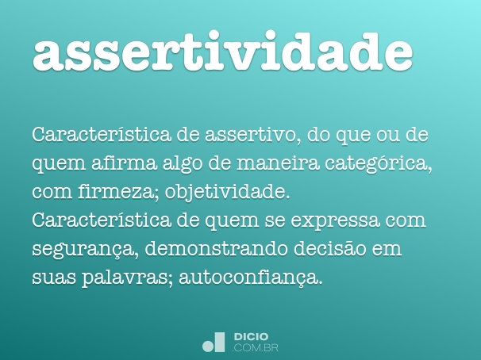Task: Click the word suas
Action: coord(52,278)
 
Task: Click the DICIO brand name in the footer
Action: coord(252,336)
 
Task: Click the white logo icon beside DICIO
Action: coord(214,341)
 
